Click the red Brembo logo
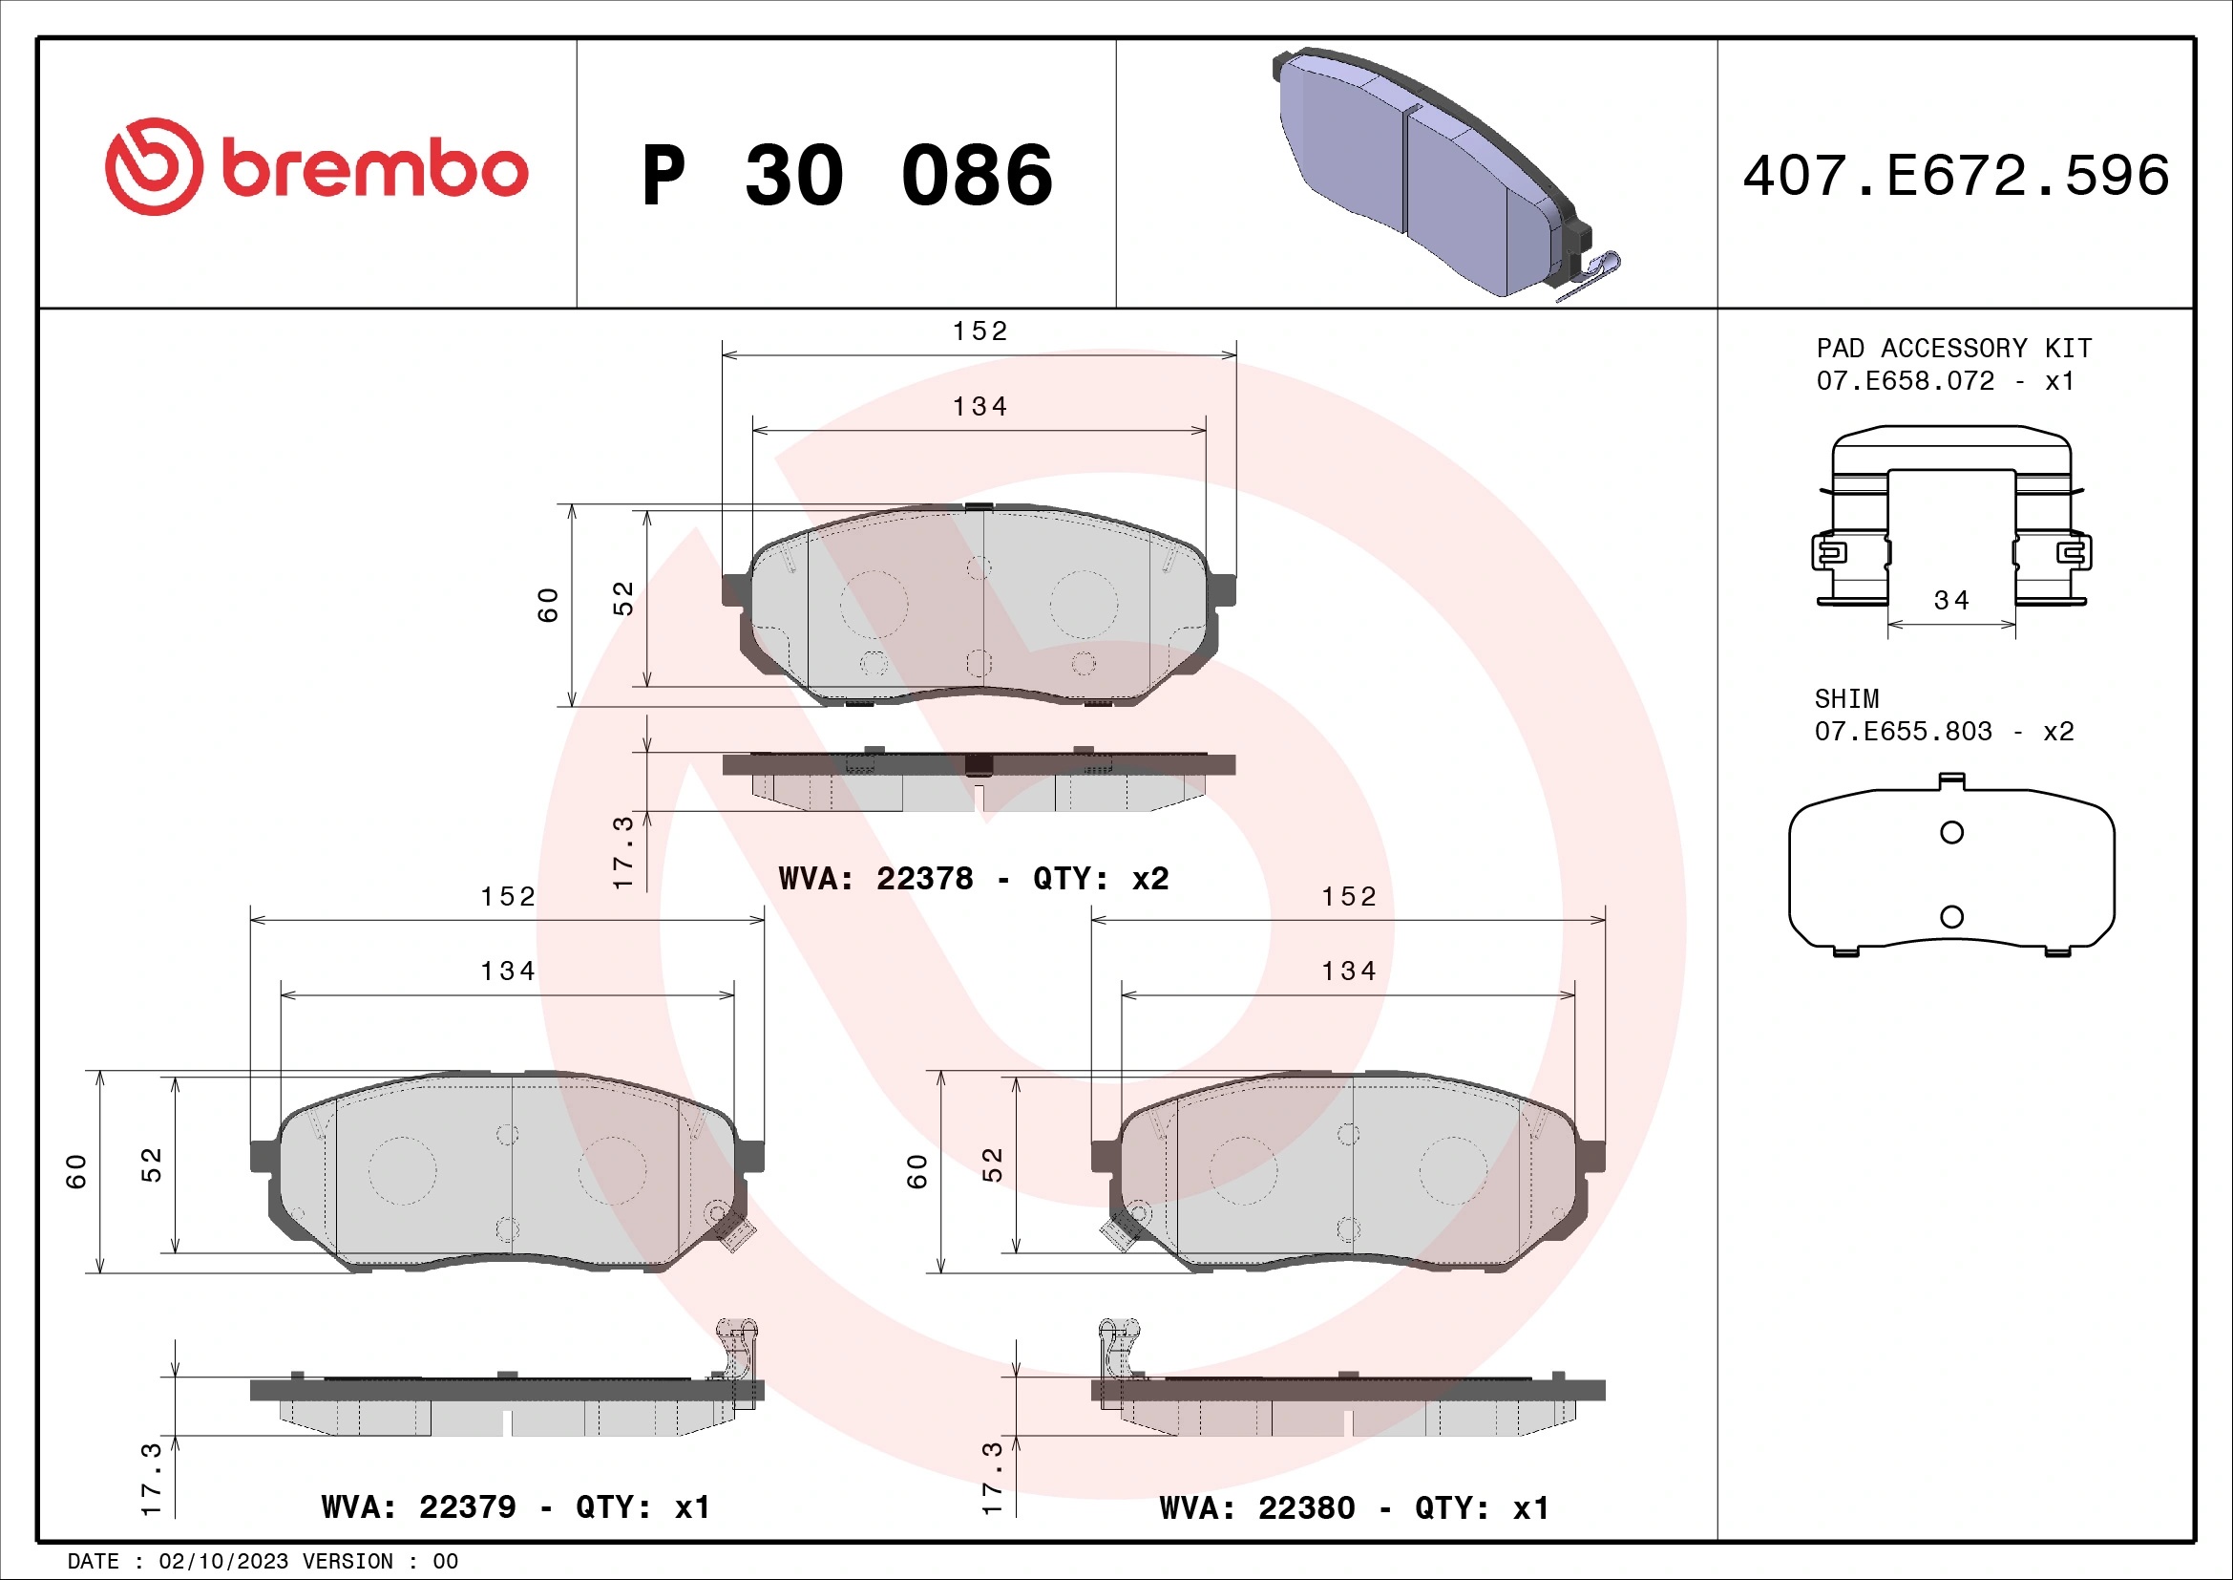[316, 167]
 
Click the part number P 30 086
[847, 175]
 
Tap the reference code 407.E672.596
[1956, 175]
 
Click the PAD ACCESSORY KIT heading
[1954, 349]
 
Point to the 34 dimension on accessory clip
[1952, 600]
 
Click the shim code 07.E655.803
[1904, 731]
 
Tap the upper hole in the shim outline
[1951, 832]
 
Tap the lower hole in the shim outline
[1951, 916]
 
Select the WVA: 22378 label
[875, 879]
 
